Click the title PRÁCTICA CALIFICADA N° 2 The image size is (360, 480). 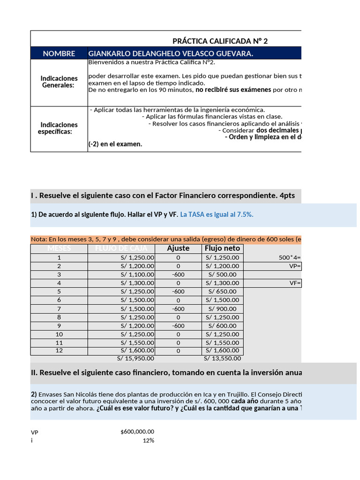(220, 41)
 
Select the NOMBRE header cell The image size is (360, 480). (59, 53)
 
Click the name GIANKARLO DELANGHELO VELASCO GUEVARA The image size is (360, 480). (171, 53)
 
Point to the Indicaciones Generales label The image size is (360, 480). (59, 82)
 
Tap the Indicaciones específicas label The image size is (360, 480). (59, 128)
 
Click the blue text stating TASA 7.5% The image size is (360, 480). (217, 214)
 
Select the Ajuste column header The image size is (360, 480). (178, 248)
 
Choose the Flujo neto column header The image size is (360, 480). (222, 248)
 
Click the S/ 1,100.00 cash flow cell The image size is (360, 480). (137, 275)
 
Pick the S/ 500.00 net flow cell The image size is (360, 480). (222, 275)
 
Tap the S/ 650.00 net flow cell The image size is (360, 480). (222, 292)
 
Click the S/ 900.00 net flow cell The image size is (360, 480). (222, 308)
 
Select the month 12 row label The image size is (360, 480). (59, 351)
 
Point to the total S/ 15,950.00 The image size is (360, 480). (135, 359)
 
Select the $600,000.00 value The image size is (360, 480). (137, 432)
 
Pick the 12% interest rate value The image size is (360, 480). (148, 440)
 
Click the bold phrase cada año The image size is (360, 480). (244, 402)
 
